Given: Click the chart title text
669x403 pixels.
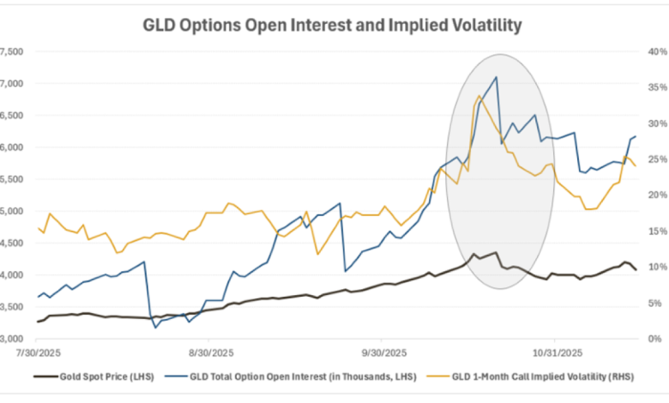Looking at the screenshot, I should [x=331, y=26].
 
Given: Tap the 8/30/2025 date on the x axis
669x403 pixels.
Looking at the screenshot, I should [x=211, y=352].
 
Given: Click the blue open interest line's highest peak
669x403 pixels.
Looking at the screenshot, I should [x=496, y=77].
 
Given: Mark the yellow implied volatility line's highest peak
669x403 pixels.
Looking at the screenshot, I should [x=479, y=96].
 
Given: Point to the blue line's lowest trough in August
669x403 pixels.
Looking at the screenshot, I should [x=155, y=328].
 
